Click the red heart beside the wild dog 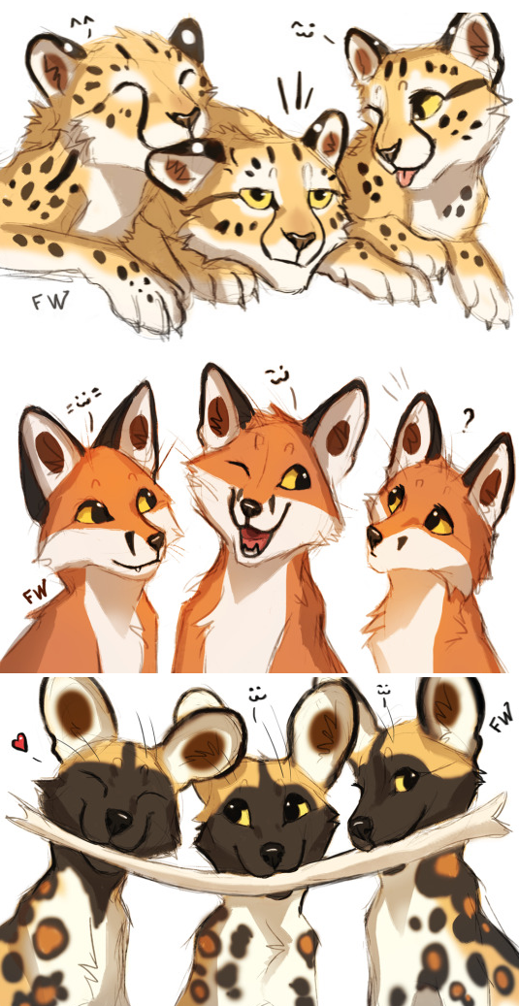pos(20,744)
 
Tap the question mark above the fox pos(469,421)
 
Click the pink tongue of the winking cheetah pos(405,178)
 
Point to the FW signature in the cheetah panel pos(49,302)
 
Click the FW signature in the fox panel pos(37,594)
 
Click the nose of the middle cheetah pos(297,240)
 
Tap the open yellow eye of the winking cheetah pos(429,105)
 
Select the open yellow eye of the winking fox pos(293,477)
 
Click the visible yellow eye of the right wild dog pos(405,781)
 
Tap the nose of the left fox pos(156,542)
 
